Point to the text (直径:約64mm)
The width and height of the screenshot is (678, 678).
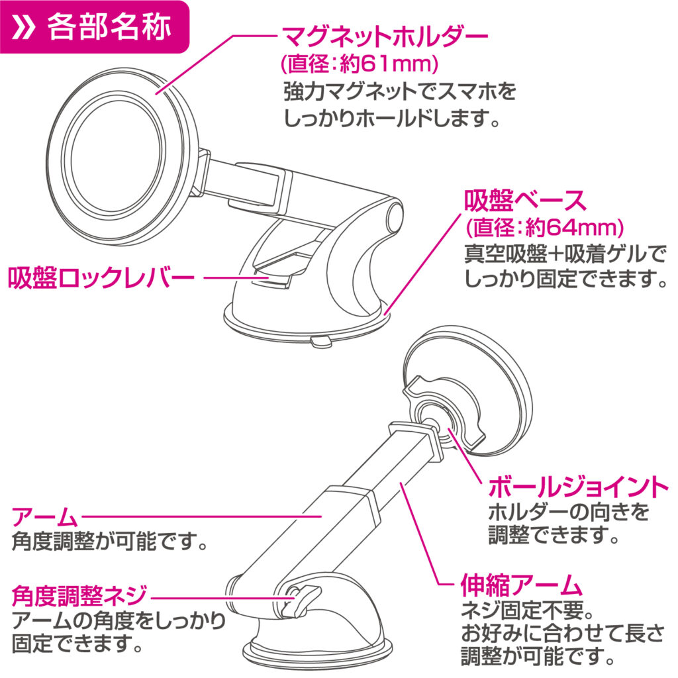pos(544,228)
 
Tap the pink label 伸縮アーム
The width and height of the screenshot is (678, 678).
pos(520,585)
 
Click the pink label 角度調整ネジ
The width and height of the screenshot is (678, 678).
pos(78,595)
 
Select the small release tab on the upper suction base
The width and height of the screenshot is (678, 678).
pos(319,341)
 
